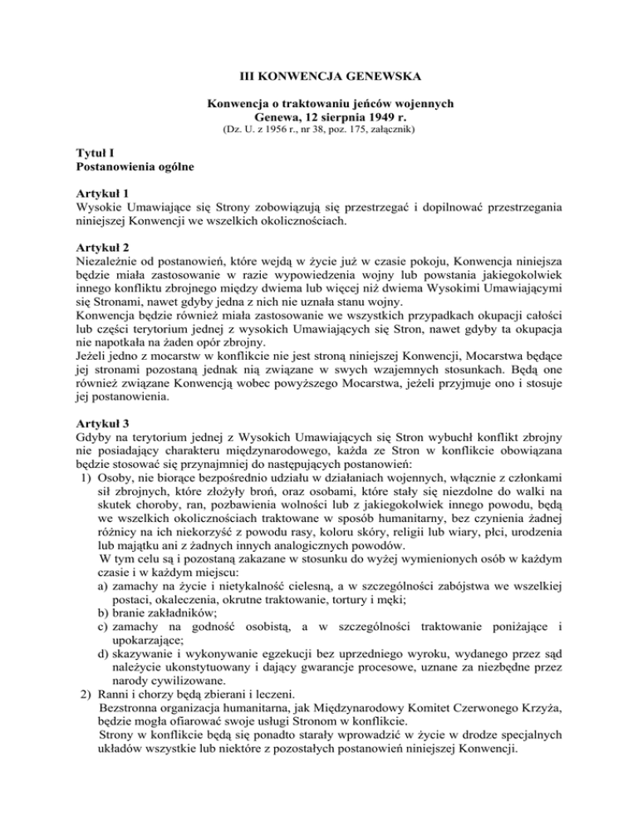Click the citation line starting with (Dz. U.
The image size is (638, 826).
[318, 130]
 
